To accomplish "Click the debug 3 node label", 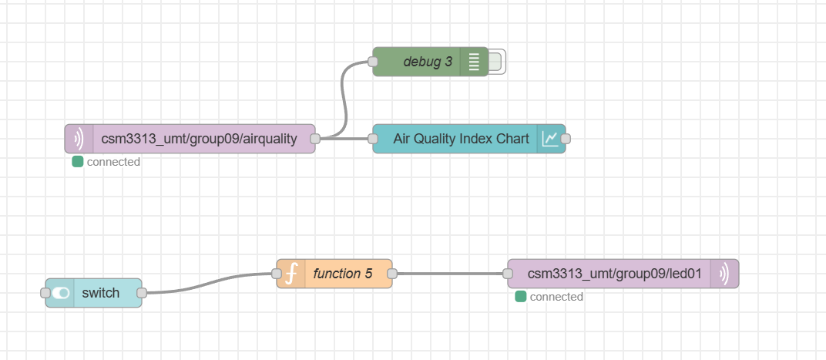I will tap(427, 62).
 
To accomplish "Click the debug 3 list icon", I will tap(473, 62).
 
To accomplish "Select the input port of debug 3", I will tap(373, 62).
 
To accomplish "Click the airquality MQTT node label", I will tap(199, 139).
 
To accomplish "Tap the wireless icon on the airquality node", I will tap(79, 139).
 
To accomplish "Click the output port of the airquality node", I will tap(315, 139).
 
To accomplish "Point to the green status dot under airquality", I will tap(77, 162).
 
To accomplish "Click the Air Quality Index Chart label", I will tap(461, 139).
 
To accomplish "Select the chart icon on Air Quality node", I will tap(550, 139).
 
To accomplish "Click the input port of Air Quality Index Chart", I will tap(373, 139).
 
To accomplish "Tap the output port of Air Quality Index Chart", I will tap(566, 139).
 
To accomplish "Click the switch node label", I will tap(101, 293).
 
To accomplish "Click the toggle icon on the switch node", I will tap(60, 293).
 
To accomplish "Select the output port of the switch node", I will tap(142, 293).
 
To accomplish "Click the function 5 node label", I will tap(342, 274).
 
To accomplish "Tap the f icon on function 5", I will tap(290, 274).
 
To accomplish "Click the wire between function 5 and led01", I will tap(449, 274).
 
